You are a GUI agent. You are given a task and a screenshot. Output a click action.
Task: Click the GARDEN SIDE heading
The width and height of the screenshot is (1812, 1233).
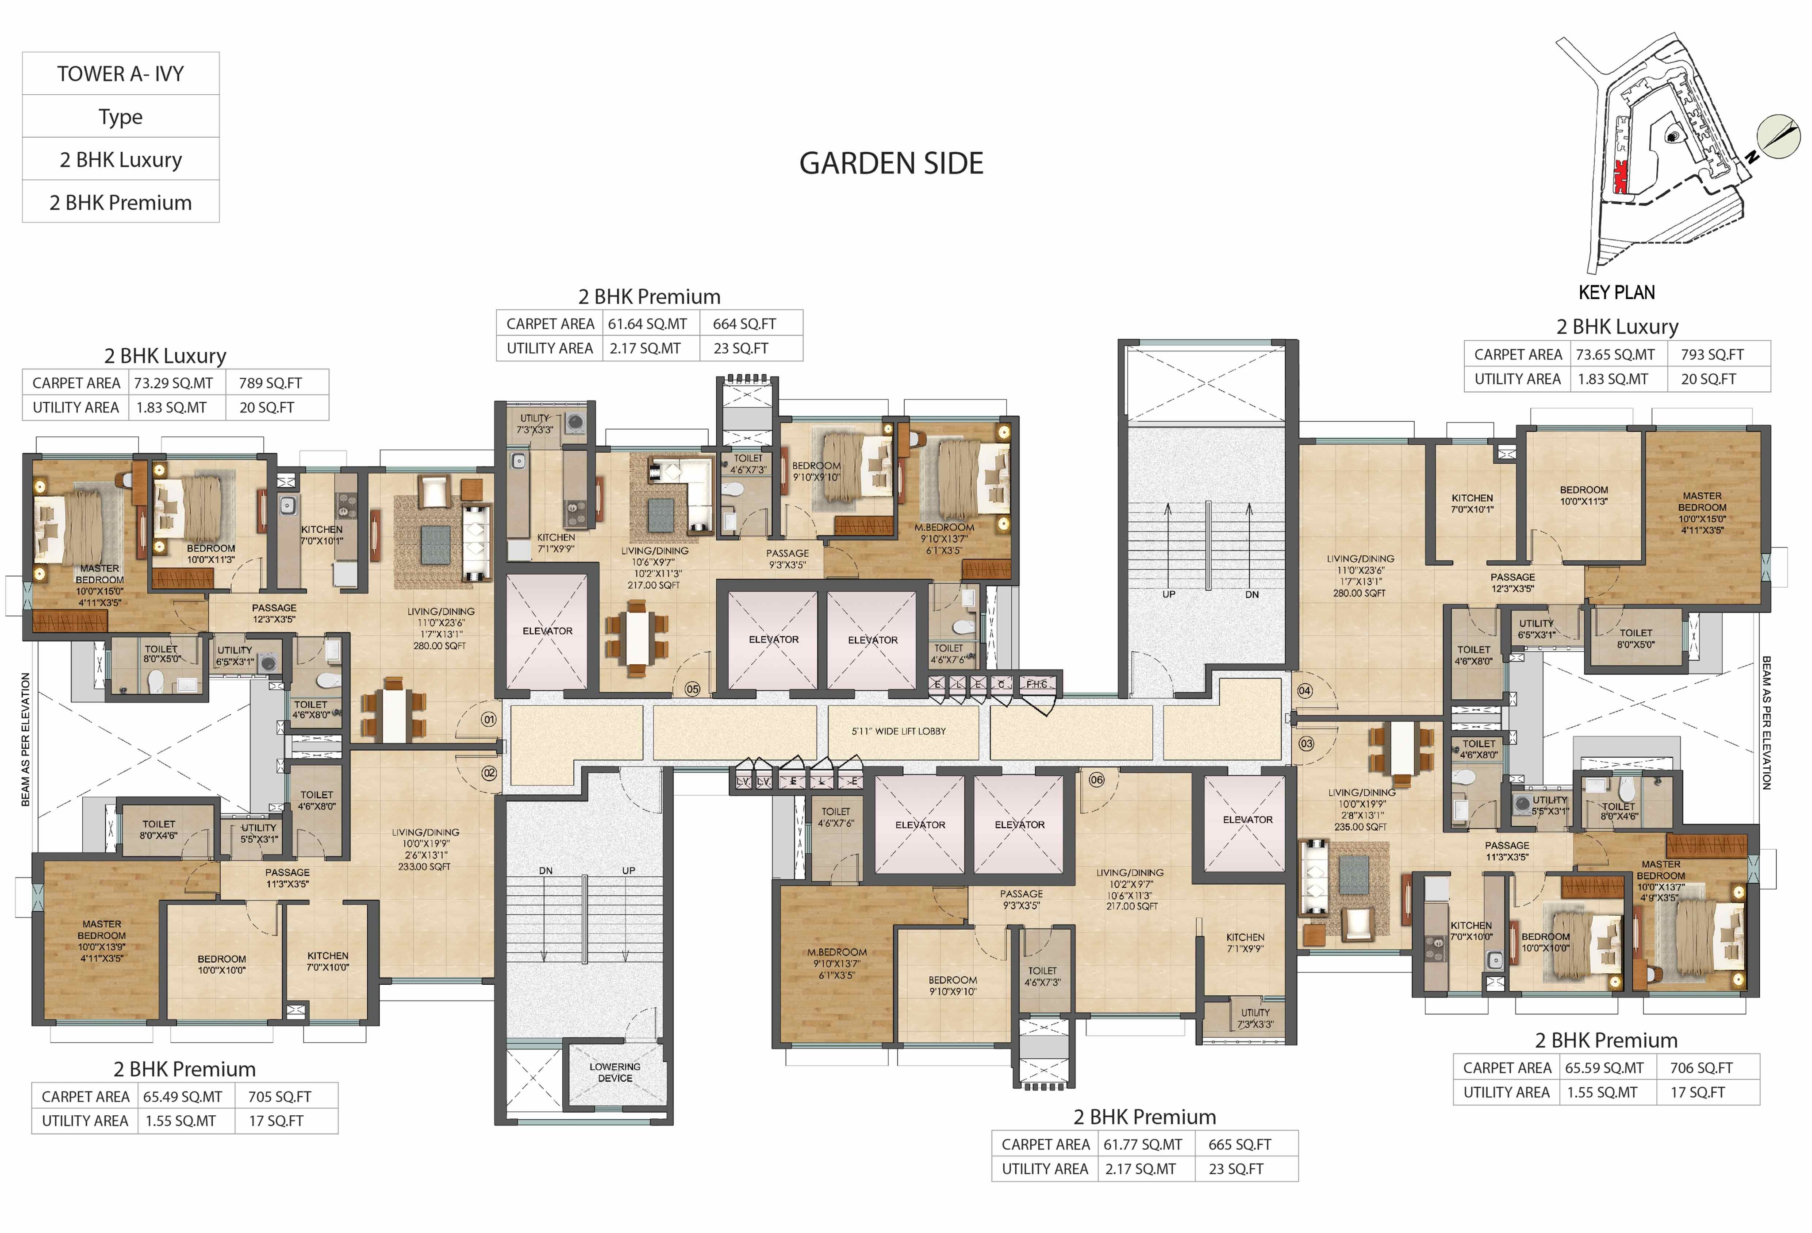pyautogui.click(x=891, y=163)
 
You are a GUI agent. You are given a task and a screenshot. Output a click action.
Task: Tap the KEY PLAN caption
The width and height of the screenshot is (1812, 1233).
pyautogui.click(x=1616, y=293)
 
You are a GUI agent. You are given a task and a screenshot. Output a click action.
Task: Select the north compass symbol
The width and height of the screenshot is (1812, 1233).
pyautogui.click(x=1778, y=136)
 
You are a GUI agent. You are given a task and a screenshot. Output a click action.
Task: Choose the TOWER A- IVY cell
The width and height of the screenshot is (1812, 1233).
pyautogui.click(x=121, y=74)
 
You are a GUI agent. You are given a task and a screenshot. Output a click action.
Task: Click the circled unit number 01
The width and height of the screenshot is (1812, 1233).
pyautogui.click(x=489, y=719)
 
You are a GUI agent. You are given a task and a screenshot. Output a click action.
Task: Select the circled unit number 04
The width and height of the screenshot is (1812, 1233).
pyautogui.click(x=1305, y=690)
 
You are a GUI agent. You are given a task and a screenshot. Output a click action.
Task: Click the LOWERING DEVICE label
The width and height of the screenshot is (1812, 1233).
pyautogui.click(x=615, y=1072)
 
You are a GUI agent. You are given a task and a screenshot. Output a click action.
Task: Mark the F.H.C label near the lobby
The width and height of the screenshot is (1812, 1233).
pyautogui.click(x=1036, y=684)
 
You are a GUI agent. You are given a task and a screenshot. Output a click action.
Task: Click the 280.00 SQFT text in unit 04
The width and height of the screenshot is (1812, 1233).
pyautogui.click(x=1360, y=593)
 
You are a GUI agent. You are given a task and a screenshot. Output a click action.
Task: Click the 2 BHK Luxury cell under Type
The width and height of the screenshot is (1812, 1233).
pyautogui.click(x=121, y=160)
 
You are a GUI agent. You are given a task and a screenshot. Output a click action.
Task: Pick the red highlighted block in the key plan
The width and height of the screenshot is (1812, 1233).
pyautogui.click(x=1620, y=176)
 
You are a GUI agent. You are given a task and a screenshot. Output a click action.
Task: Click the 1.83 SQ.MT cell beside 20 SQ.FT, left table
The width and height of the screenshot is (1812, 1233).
pyautogui.click(x=172, y=407)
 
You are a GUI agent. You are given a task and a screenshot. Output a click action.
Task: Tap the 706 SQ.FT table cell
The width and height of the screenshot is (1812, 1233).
pyautogui.click(x=1701, y=1067)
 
